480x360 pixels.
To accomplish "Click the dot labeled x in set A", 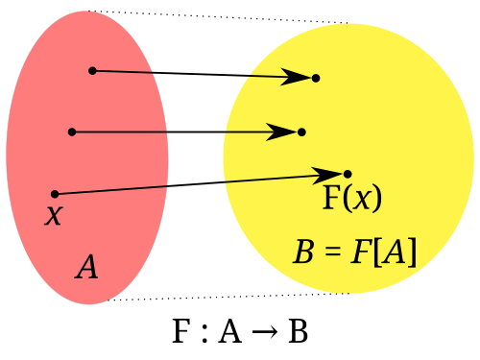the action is point(55,194).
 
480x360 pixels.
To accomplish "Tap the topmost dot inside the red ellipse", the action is point(92,71).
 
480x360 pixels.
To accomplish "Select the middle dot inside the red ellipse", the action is point(72,132).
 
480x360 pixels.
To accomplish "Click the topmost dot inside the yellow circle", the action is point(316,78).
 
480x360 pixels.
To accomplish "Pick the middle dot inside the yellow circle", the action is point(301,132).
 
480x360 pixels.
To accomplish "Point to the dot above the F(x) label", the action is point(348,174).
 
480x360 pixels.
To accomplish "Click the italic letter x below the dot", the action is point(54,215).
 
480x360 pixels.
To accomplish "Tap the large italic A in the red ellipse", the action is point(86,266).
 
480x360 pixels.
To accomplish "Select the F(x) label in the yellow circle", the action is point(352,198).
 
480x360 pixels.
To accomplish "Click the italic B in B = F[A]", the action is point(303,252).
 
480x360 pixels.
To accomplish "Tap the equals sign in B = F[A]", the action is point(332,252).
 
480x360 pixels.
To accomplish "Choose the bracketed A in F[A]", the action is point(396,252).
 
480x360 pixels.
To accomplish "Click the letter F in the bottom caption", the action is point(181,331).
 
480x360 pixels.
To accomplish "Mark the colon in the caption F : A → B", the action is point(204,334).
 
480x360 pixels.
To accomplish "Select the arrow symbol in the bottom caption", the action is point(265,332).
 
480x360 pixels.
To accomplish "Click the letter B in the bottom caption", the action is point(299,331).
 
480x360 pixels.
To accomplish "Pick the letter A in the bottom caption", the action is point(229,331).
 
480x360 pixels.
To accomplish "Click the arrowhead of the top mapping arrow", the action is point(296,77).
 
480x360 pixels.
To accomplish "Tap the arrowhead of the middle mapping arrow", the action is point(281,132).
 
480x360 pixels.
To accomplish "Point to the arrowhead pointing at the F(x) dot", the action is point(327,175).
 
